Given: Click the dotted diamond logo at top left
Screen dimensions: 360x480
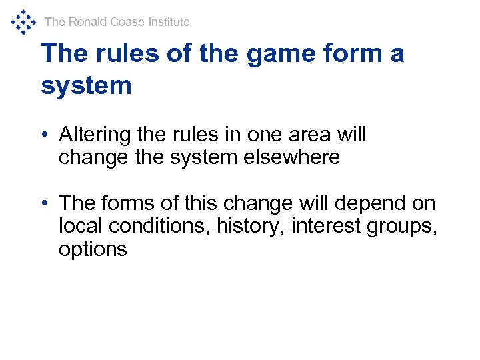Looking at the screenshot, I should click(23, 21).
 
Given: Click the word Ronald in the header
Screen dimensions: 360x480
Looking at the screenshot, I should click(87, 22).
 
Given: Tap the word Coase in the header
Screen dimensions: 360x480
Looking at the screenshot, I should click(128, 22).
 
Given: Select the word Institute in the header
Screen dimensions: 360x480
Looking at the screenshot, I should click(169, 22).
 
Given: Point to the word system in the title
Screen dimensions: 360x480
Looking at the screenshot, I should click(87, 85).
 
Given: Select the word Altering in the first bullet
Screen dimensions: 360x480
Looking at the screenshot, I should click(95, 135).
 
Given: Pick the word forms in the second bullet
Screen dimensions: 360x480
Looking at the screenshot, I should click(130, 203).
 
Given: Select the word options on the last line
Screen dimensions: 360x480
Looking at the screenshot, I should click(92, 249).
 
